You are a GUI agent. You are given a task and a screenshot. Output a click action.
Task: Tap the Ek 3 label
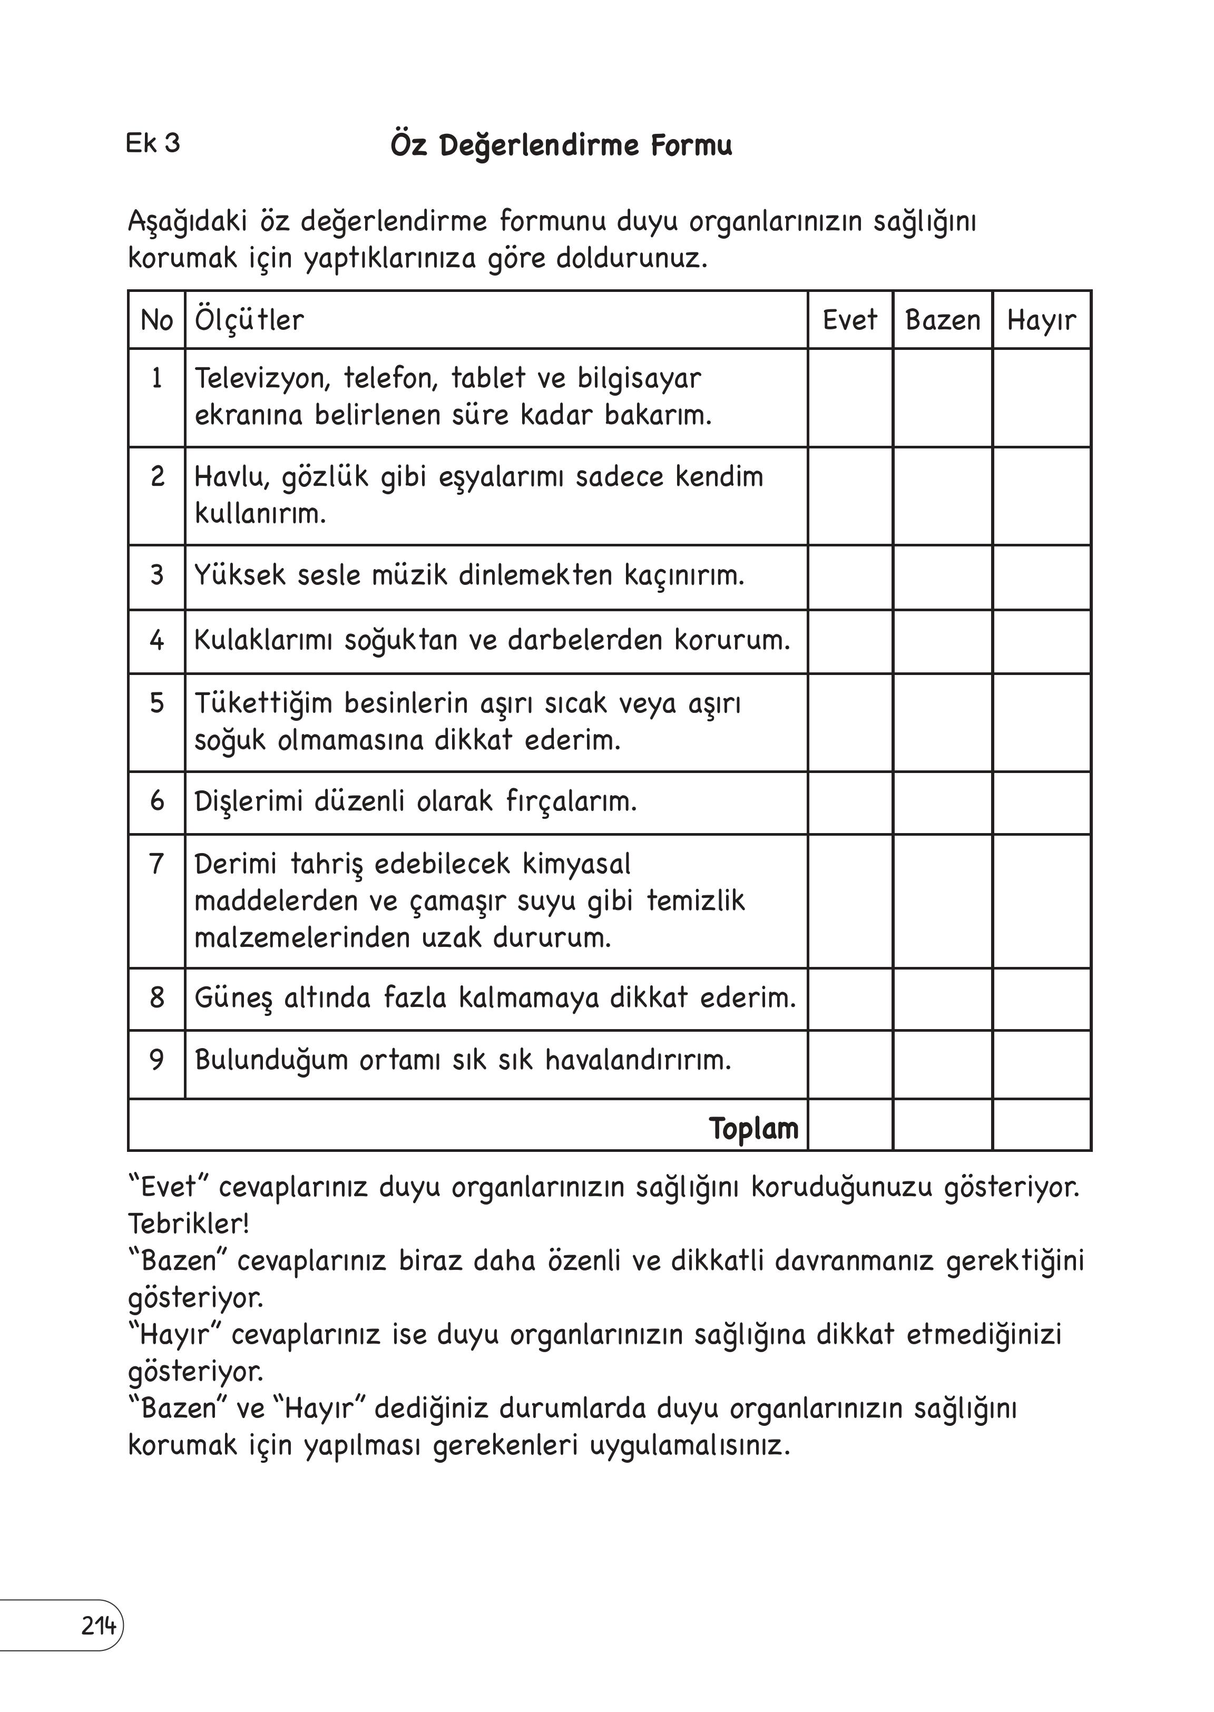pyautogui.click(x=152, y=143)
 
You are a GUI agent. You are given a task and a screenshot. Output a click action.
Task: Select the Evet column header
pyautogui.click(x=849, y=320)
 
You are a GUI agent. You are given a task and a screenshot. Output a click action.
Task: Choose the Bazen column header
pyautogui.click(x=942, y=320)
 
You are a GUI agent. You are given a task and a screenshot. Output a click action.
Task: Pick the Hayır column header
pyautogui.click(x=1041, y=320)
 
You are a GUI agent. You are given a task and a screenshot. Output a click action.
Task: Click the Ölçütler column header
pyautogui.click(x=249, y=320)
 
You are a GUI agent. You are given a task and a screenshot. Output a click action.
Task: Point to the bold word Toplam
pyautogui.click(x=753, y=1128)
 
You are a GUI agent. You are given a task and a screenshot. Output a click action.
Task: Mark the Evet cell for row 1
pyautogui.click(x=850, y=398)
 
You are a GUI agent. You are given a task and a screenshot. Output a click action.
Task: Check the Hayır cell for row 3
pyautogui.click(x=1041, y=577)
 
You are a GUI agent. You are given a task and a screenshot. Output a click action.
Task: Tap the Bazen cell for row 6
pyautogui.click(x=942, y=803)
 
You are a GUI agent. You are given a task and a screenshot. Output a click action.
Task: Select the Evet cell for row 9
pyautogui.click(x=850, y=1064)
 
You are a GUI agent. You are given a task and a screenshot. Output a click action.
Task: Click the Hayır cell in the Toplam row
pyautogui.click(x=1041, y=1125)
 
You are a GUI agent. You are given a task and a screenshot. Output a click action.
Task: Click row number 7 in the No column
pyautogui.click(x=156, y=864)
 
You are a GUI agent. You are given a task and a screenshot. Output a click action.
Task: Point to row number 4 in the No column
pyautogui.click(x=156, y=640)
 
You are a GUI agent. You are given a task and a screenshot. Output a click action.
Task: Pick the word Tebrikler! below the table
pyautogui.click(x=189, y=1224)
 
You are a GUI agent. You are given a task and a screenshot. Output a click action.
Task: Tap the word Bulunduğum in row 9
pyautogui.click(x=271, y=1060)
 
